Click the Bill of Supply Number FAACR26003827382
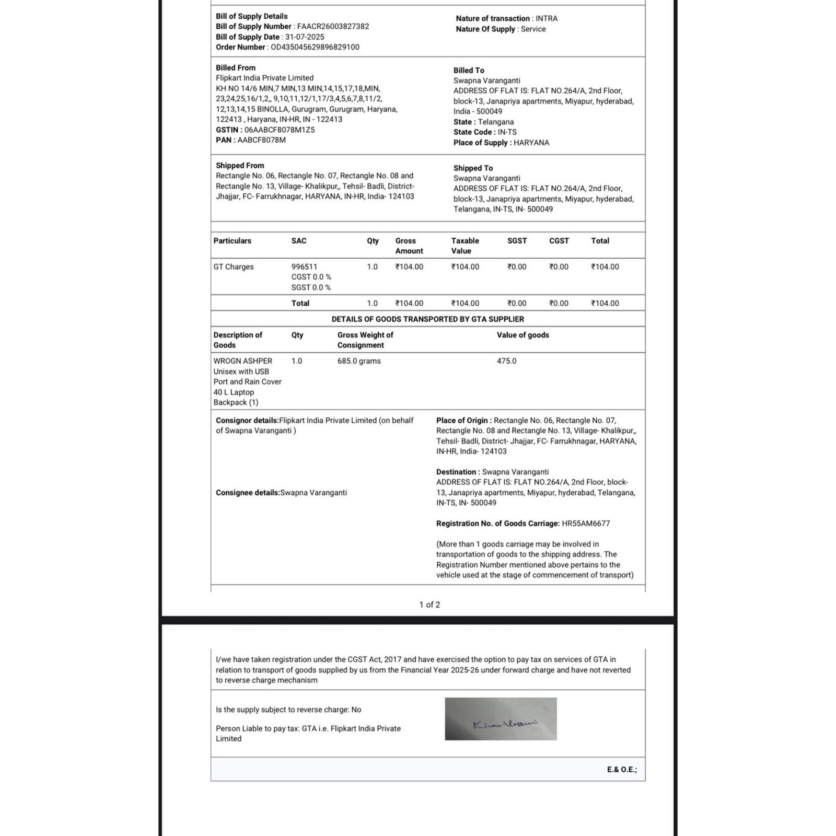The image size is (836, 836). point(333,27)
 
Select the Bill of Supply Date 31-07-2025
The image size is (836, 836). point(305,37)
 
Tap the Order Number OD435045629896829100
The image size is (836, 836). point(315,47)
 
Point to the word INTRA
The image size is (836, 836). point(547,18)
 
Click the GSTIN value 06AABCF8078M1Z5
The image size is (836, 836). point(280,130)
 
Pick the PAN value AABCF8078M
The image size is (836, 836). point(261,140)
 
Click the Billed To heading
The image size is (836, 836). point(469,70)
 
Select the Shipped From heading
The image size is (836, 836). point(240,166)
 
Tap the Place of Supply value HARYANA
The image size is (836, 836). point(531,143)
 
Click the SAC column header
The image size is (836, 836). point(299,241)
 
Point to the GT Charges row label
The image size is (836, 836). point(234,267)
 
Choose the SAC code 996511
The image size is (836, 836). point(304,267)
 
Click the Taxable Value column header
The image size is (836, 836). point(465,246)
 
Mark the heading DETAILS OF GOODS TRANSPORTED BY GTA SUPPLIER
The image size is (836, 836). point(427,319)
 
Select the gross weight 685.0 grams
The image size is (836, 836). point(359,361)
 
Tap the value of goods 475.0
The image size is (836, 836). point(506,361)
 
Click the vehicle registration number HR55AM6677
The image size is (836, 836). point(586,524)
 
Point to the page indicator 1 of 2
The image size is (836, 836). point(429,605)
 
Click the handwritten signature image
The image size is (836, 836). point(501,719)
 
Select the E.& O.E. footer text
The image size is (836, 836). point(622,770)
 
